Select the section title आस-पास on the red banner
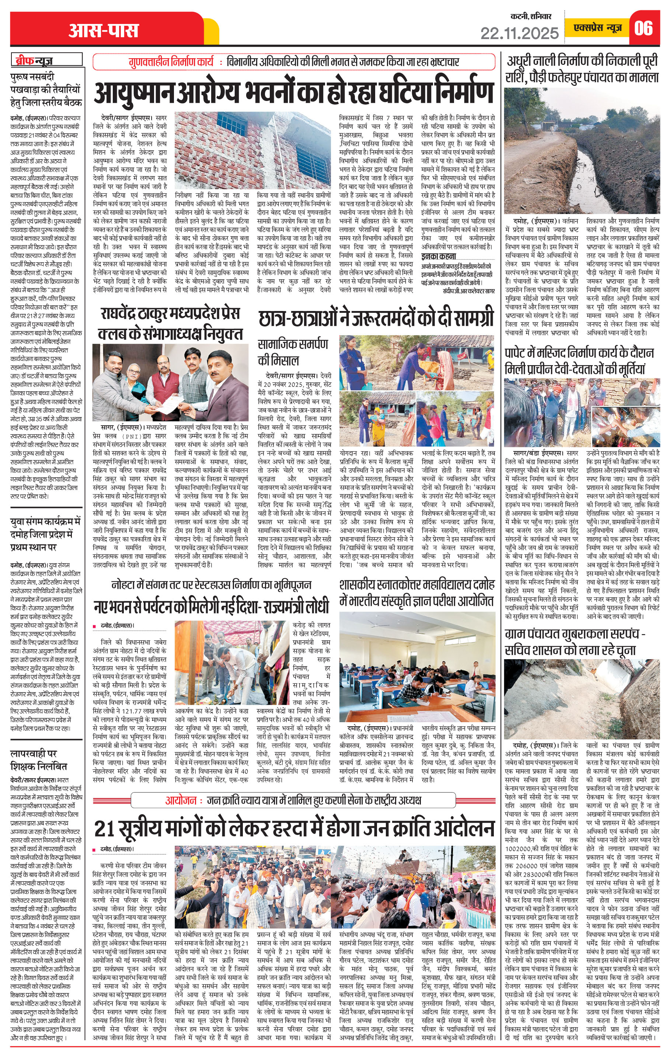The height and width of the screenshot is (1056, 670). tap(104, 31)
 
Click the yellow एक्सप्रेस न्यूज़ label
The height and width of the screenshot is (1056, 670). tap(598, 28)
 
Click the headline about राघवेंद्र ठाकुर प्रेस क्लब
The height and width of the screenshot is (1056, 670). tap(170, 324)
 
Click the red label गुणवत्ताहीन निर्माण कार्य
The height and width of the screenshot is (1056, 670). tap(171, 62)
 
